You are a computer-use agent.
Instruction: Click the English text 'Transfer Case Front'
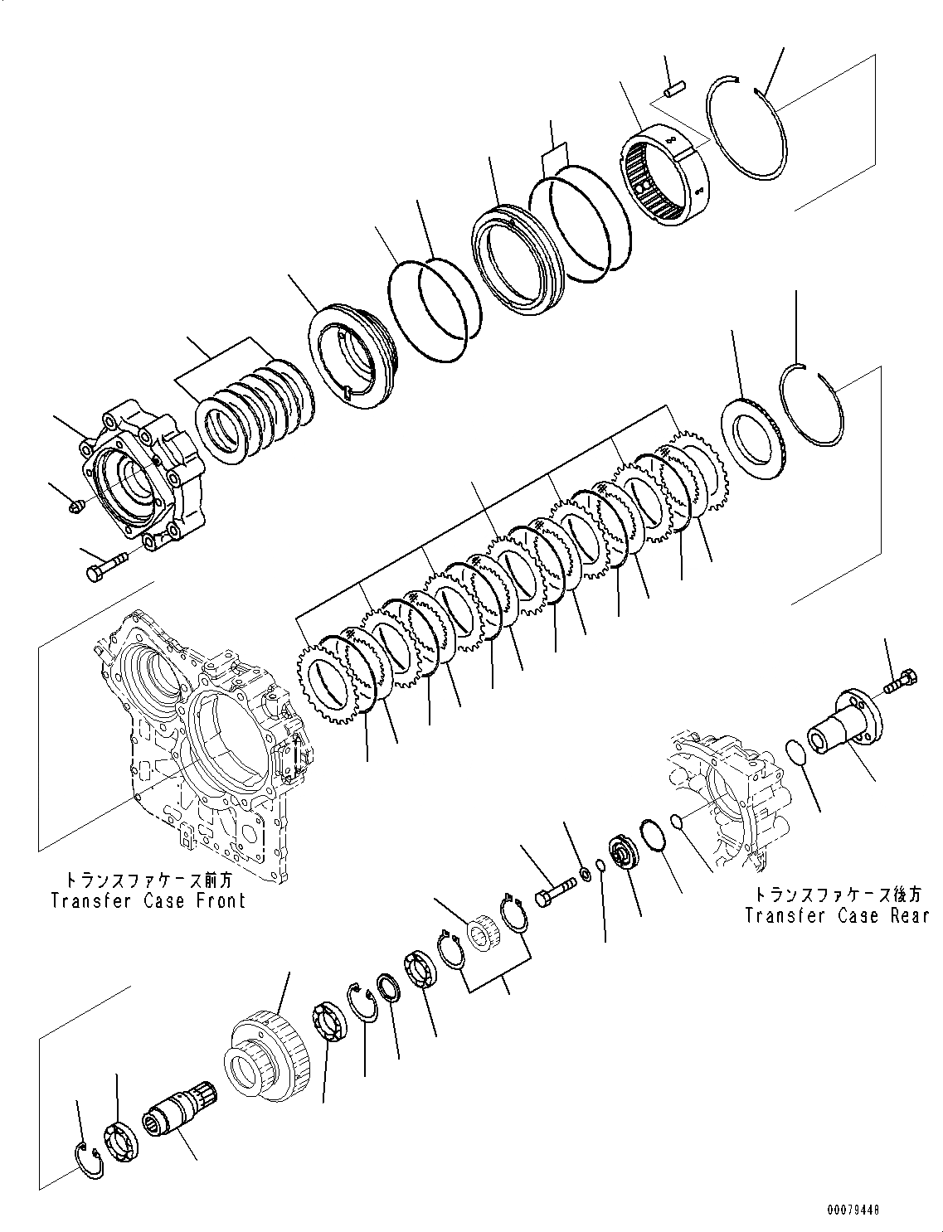148,900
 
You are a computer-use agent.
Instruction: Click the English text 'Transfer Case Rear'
836,915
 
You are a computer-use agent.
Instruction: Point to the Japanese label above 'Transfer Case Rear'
836,895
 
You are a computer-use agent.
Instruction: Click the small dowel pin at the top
673,85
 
